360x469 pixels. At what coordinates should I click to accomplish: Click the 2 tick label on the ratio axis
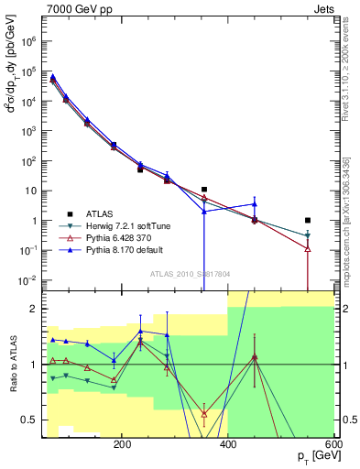33,309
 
